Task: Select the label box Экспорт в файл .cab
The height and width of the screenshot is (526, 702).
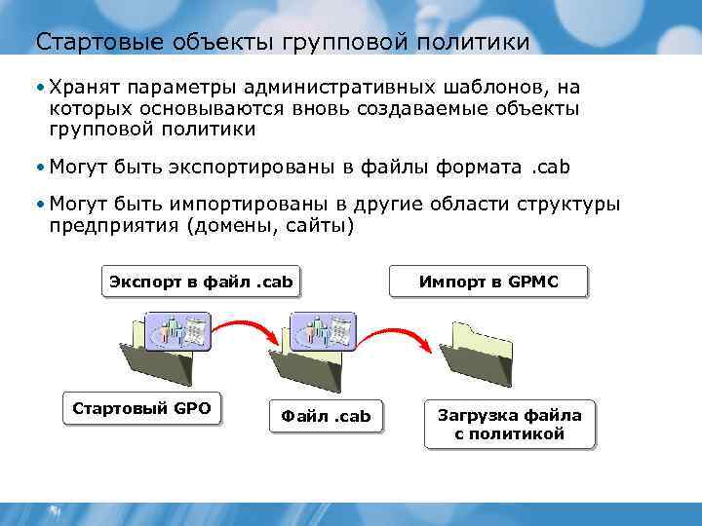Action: click(x=201, y=282)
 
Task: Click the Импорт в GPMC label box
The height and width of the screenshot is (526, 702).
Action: click(x=488, y=282)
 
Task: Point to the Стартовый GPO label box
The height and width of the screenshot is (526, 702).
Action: click(x=141, y=408)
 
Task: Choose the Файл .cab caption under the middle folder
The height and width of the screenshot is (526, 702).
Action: click(x=326, y=416)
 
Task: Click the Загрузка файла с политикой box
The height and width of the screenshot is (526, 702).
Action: click(x=509, y=425)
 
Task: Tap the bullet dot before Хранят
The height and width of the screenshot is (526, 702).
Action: click(x=39, y=88)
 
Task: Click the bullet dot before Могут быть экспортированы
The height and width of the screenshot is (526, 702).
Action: click(x=39, y=168)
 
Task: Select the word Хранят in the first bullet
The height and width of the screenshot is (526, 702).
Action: click(x=82, y=88)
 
